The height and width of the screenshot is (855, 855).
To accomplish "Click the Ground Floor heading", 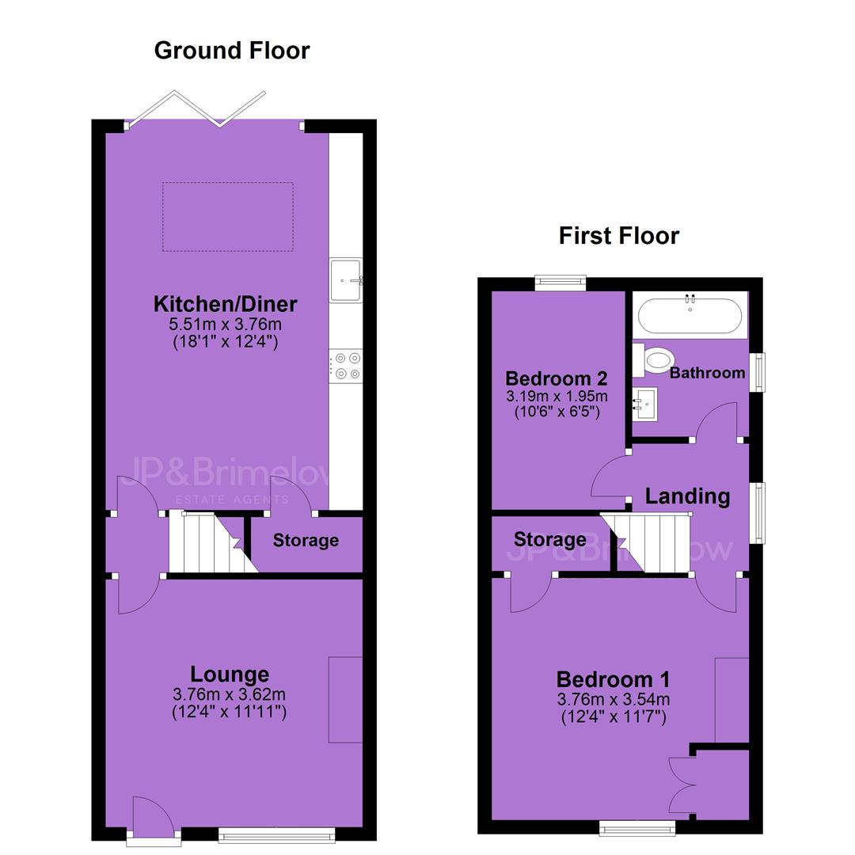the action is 232,51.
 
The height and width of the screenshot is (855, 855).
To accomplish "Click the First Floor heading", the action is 619,236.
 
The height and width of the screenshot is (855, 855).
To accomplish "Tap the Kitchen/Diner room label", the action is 225,304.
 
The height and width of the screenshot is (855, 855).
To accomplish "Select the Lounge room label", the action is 230,674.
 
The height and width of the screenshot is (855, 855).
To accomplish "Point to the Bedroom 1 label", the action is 613,679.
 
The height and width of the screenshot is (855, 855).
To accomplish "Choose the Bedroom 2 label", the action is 557,378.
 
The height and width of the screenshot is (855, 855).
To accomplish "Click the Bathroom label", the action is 707,373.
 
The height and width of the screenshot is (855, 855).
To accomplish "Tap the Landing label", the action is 687,496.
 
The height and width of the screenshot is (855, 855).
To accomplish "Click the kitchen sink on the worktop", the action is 346,280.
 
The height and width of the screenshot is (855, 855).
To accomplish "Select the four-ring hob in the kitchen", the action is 346,366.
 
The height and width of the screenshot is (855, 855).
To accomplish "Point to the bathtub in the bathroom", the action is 690,316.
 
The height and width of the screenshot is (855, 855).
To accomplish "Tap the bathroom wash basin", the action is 644,404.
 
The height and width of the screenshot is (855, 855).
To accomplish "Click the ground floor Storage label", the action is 306,541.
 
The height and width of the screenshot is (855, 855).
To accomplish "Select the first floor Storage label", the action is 550,539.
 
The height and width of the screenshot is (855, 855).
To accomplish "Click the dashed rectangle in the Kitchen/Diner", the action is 228,217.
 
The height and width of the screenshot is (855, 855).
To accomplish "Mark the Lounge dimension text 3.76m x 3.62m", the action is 229,695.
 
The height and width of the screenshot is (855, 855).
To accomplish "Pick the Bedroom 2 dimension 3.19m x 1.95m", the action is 557,396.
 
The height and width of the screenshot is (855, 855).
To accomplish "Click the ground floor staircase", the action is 213,541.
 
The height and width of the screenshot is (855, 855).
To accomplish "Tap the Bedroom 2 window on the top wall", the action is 560,282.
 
